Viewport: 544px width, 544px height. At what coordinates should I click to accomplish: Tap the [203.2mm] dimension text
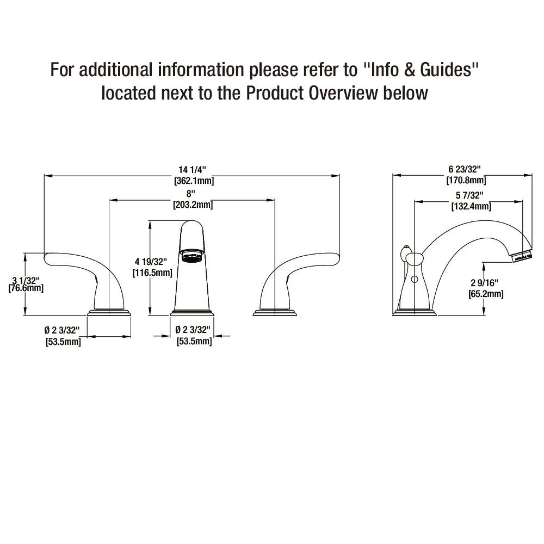(x=193, y=205)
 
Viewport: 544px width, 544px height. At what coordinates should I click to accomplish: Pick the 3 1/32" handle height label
(x=25, y=280)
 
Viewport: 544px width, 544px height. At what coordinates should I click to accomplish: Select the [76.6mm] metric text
(x=26, y=288)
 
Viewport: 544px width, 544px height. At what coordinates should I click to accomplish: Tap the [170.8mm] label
(x=466, y=180)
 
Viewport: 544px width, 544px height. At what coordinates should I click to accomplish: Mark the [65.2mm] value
(x=486, y=294)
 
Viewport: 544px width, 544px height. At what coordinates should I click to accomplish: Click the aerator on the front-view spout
(x=191, y=255)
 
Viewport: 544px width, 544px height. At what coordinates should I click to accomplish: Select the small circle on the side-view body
(x=414, y=280)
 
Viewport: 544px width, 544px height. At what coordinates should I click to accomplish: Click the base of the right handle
(x=275, y=313)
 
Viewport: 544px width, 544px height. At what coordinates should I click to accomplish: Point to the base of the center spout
(x=191, y=313)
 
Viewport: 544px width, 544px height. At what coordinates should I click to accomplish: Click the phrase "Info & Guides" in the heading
(x=422, y=70)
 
